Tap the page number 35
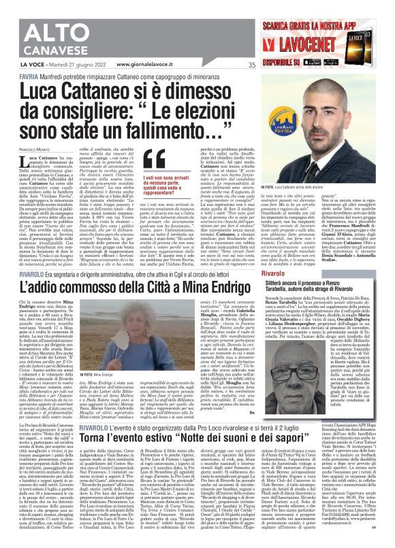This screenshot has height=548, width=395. coord(251,65)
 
